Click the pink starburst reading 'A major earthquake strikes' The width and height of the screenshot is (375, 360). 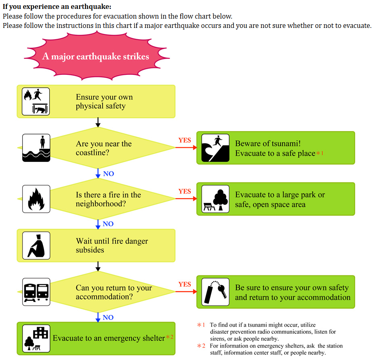point(97,57)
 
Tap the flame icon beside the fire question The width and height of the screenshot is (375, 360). point(36,199)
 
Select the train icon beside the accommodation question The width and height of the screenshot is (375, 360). point(36,292)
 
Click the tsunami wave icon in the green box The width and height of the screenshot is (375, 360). point(215,148)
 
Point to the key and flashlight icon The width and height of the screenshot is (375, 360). point(215,292)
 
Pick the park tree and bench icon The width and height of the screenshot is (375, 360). point(215,199)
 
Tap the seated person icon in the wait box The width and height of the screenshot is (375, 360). point(36,246)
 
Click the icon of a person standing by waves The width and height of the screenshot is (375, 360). point(36,148)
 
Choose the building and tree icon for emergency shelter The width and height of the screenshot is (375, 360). point(36,339)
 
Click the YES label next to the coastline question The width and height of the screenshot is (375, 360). point(185,140)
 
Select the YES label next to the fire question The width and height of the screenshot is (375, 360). point(185,191)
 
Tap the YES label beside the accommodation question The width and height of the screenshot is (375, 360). point(185,284)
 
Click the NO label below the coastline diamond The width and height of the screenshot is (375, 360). point(108,174)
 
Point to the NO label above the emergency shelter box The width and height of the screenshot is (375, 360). point(108,318)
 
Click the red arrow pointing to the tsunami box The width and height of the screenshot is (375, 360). point(186,148)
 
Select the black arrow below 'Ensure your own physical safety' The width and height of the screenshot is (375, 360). point(98,122)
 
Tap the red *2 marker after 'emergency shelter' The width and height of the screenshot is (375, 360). point(170,337)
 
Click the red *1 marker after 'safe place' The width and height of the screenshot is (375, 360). point(320,153)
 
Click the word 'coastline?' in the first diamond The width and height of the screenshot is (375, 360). point(92,152)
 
